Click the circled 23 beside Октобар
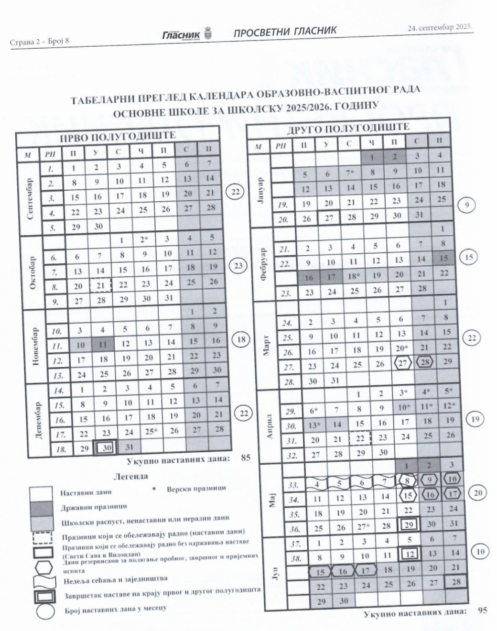pos(238,266)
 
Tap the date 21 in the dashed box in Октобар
pos(100,285)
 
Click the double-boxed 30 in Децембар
pos(107,448)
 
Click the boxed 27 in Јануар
pos(328,218)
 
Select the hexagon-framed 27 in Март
pos(403,363)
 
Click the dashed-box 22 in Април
pos(360,439)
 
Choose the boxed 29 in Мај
pos(408,524)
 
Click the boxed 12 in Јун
pos(410,554)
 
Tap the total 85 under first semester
pos(245,457)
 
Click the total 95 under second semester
pos(482,610)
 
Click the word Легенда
pos(130,476)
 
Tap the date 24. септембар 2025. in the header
pos(439,27)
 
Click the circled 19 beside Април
pos(475,419)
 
